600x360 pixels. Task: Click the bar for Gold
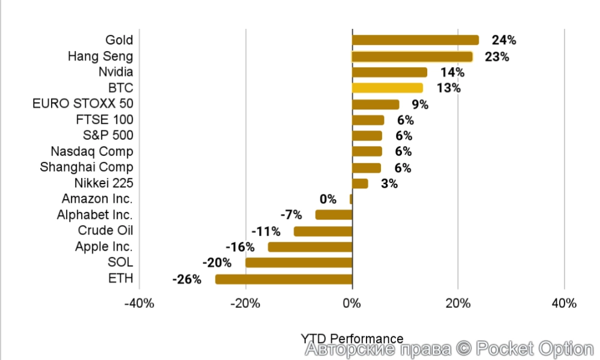(x=415, y=40)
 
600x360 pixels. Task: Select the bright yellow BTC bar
(x=387, y=88)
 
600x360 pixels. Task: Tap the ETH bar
(x=283, y=279)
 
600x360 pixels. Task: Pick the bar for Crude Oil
(x=323, y=231)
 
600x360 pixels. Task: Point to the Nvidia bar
(x=389, y=73)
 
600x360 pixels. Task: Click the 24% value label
(x=503, y=40)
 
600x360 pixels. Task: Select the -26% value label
(x=186, y=279)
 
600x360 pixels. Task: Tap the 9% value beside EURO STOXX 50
(x=420, y=104)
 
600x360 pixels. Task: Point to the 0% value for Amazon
(x=328, y=199)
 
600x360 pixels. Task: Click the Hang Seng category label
(x=100, y=56)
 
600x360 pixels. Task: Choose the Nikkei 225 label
(x=104, y=183)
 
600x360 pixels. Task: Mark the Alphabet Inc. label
(x=95, y=215)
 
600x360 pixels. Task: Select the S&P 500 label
(x=108, y=136)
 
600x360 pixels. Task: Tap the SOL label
(x=120, y=263)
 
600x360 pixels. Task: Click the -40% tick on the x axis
(x=139, y=303)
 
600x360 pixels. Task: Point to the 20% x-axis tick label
(x=458, y=303)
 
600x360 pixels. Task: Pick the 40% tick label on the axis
(x=563, y=303)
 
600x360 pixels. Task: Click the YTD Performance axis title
(x=352, y=338)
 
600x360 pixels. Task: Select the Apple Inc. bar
(x=310, y=247)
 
